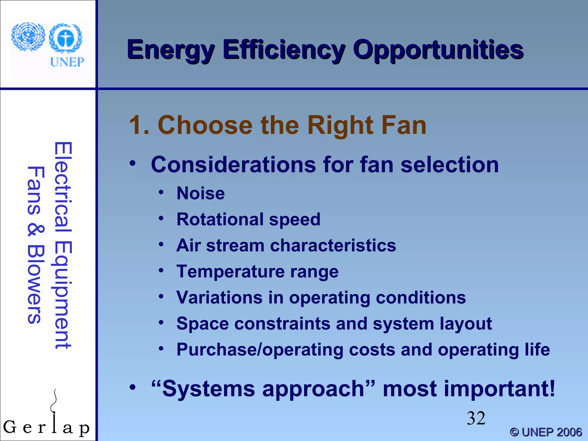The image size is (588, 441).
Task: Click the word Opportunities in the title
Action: pyautogui.click(x=438, y=50)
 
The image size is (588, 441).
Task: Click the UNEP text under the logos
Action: pyautogui.click(x=67, y=62)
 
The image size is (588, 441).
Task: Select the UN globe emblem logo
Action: pyautogui.click(x=28, y=37)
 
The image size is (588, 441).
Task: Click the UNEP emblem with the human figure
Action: pyautogui.click(x=65, y=38)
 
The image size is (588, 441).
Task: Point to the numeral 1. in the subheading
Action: pyautogui.click(x=140, y=125)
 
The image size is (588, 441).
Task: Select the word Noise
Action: pyautogui.click(x=200, y=193)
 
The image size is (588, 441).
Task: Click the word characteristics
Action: pyautogui.click(x=333, y=246)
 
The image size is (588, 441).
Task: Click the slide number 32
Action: pyautogui.click(x=476, y=418)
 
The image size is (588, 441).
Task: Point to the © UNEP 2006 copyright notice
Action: pyautogui.click(x=546, y=432)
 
